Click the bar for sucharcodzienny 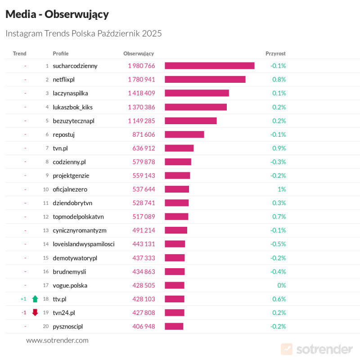point(209,66)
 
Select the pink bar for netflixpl point(205,80)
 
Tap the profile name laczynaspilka point(70,93)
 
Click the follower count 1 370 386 point(141,107)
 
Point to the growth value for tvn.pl point(279,148)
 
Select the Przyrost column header point(275,54)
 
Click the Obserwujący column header point(139,54)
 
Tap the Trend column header point(20,54)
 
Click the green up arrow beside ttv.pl point(35,299)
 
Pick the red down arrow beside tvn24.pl point(35,312)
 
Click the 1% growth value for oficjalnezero point(282,189)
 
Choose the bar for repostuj point(184,135)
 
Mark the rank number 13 point(45,230)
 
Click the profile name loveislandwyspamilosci point(84,244)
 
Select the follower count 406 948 point(144,326)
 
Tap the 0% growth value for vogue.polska point(282,285)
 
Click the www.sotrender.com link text point(57,340)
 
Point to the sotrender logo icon point(287,349)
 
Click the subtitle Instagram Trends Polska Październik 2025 point(83,33)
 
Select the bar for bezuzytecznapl point(190,121)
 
